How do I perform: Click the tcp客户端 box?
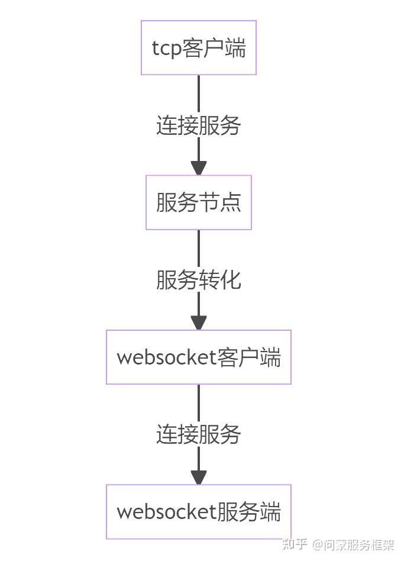click(x=199, y=48)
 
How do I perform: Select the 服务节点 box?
click(x=199, y=202)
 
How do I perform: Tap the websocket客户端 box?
click(x=199, y=357)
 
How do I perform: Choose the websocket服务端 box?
click(x=199, y=512)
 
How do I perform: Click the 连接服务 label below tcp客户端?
click(x=199, y=125)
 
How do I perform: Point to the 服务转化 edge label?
click(x=199, y=280)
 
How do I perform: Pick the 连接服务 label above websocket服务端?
click(x=199, y=435)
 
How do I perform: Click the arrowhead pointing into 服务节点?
click(x=199, y=167)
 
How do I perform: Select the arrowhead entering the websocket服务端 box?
click(x=199, y=477)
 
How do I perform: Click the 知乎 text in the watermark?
click(x=295, y=544)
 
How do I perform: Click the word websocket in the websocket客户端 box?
click(x=166, y=358)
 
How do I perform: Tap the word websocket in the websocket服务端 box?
click(x=166, y=512)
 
